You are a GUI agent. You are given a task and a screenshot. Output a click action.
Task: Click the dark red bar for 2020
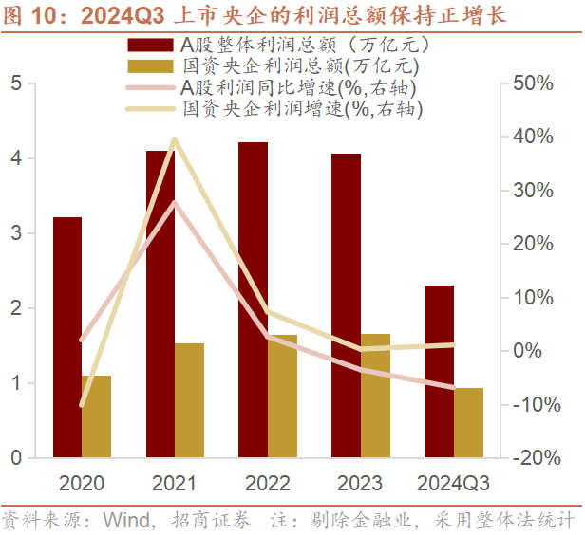tap(66, 337)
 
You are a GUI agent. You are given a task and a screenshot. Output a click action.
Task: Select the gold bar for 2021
tap(189, 400)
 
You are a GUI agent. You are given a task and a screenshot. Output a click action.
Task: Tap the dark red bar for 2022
tap(253, 300)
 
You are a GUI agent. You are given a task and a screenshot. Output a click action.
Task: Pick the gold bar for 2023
tap(375, 396)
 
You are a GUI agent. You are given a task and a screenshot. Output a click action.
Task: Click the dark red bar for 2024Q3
tap(439, 371)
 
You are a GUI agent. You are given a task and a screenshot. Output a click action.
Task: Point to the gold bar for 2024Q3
tap(468, 422)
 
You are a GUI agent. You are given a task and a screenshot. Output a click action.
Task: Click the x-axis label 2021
tap(175, 483)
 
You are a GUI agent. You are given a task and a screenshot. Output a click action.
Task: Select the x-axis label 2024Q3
tap(454, 483)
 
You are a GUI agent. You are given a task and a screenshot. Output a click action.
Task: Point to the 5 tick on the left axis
tap(16, 83)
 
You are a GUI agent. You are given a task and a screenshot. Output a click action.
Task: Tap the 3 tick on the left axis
tap(16, 233)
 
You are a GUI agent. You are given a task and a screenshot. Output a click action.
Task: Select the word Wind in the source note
tap(123, 521)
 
